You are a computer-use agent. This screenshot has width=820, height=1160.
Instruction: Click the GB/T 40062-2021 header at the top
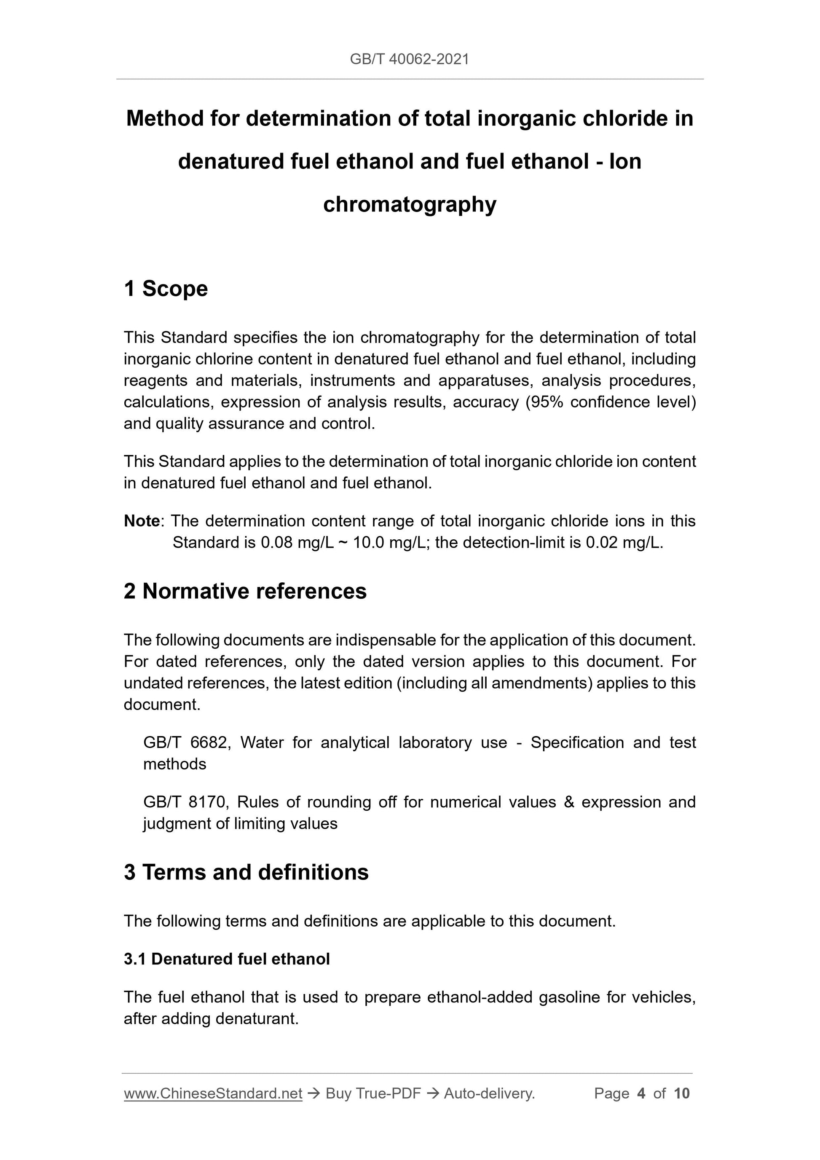click(x=409, y=59)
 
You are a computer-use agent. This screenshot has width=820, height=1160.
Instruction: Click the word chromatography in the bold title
click(x=409, y=205)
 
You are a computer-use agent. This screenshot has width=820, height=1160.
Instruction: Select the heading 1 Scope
click(x=166, y=289)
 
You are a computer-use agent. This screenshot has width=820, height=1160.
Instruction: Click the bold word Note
click(x=142, y=521)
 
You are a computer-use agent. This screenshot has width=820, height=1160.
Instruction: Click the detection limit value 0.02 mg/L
click(x=624, y=543)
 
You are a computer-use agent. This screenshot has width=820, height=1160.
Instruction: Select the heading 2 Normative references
click(x=245, y=591)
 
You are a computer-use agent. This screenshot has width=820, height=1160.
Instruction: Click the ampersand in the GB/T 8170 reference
click(x=569, y=802)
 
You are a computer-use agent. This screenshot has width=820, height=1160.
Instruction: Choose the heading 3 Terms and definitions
click(x=246, y=873)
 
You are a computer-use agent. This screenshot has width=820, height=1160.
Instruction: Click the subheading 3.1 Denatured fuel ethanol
click(x=226, y=959)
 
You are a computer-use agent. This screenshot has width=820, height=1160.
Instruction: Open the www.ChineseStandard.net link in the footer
click(x=213, y=1094)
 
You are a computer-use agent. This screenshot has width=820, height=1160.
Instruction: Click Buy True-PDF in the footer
click(x=373, y=1094)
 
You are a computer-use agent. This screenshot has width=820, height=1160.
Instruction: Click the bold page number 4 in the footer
click(x=641, y=1094)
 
